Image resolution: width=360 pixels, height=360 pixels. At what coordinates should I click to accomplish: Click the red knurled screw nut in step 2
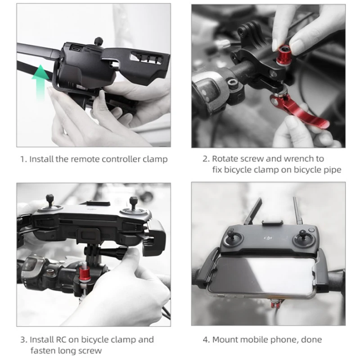click(x=283, y=55)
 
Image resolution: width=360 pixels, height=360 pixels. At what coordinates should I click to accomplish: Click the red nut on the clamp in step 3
click(x=85, y=273)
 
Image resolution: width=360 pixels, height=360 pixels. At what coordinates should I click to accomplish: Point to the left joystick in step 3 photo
click(x=50, y=202)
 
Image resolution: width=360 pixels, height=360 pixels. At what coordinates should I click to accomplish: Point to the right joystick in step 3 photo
click(x=134, y=203)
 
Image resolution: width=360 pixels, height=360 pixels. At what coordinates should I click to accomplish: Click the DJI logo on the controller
click(x=268, y=238)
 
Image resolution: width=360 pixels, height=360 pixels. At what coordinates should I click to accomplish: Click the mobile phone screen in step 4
click(x=262, y=275)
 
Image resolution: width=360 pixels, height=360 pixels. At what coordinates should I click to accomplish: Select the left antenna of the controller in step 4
click(x=253, y=211)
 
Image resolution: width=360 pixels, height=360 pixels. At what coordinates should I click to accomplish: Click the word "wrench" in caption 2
click(x=299, y=159)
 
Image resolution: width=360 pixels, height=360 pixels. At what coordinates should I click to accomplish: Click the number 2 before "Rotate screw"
click(x=205, y=159)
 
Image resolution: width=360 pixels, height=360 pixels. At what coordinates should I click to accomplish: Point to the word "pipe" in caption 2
click(x=333, y=170)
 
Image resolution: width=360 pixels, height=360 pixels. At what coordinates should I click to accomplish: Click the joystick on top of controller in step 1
click(x=99, y=41)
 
